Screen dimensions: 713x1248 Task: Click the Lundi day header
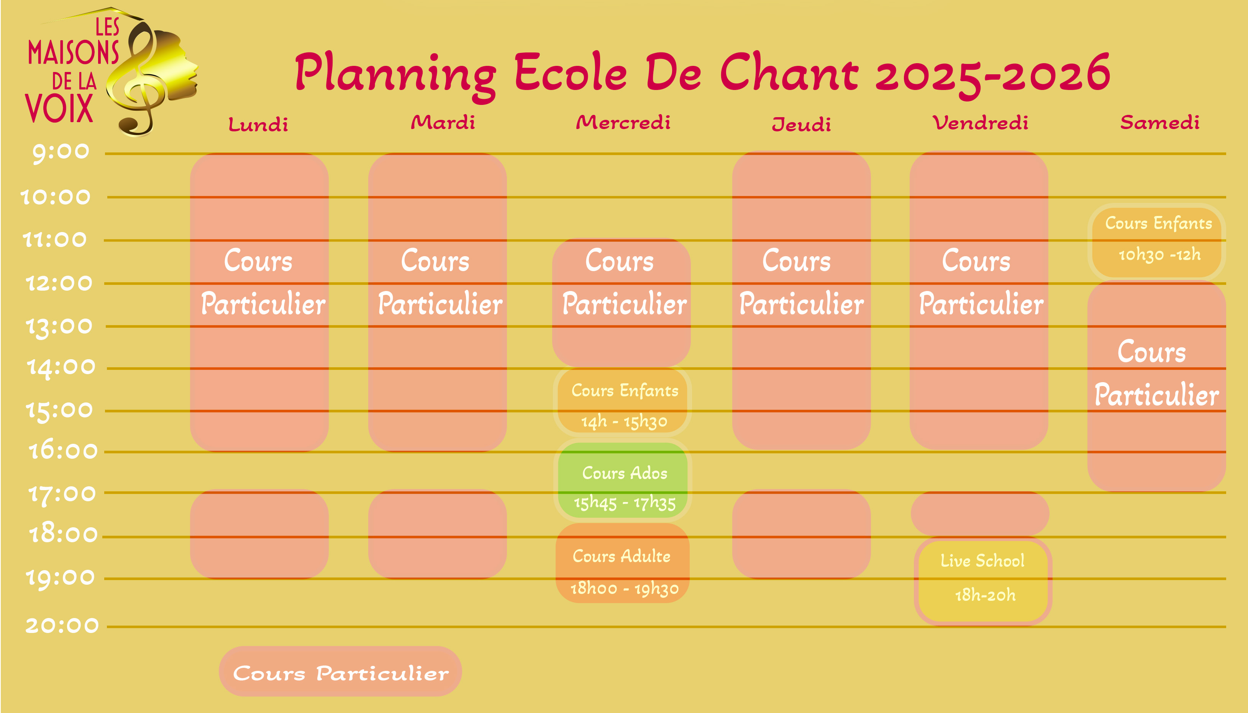point(258,124)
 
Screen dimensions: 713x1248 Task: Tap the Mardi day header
point(443,123)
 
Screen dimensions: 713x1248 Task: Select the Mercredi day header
point(623,123)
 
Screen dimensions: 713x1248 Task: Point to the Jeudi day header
point(801,124)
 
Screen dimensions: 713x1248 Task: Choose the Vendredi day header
point(980,123)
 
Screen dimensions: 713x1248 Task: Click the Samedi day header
point(1160,123)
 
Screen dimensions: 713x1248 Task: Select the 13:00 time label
point(59,327)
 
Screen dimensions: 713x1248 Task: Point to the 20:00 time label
point(62,625)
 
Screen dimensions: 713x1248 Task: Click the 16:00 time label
point(63,451)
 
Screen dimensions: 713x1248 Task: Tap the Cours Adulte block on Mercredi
point(623,563)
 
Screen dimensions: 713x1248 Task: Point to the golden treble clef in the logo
point(142,83)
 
